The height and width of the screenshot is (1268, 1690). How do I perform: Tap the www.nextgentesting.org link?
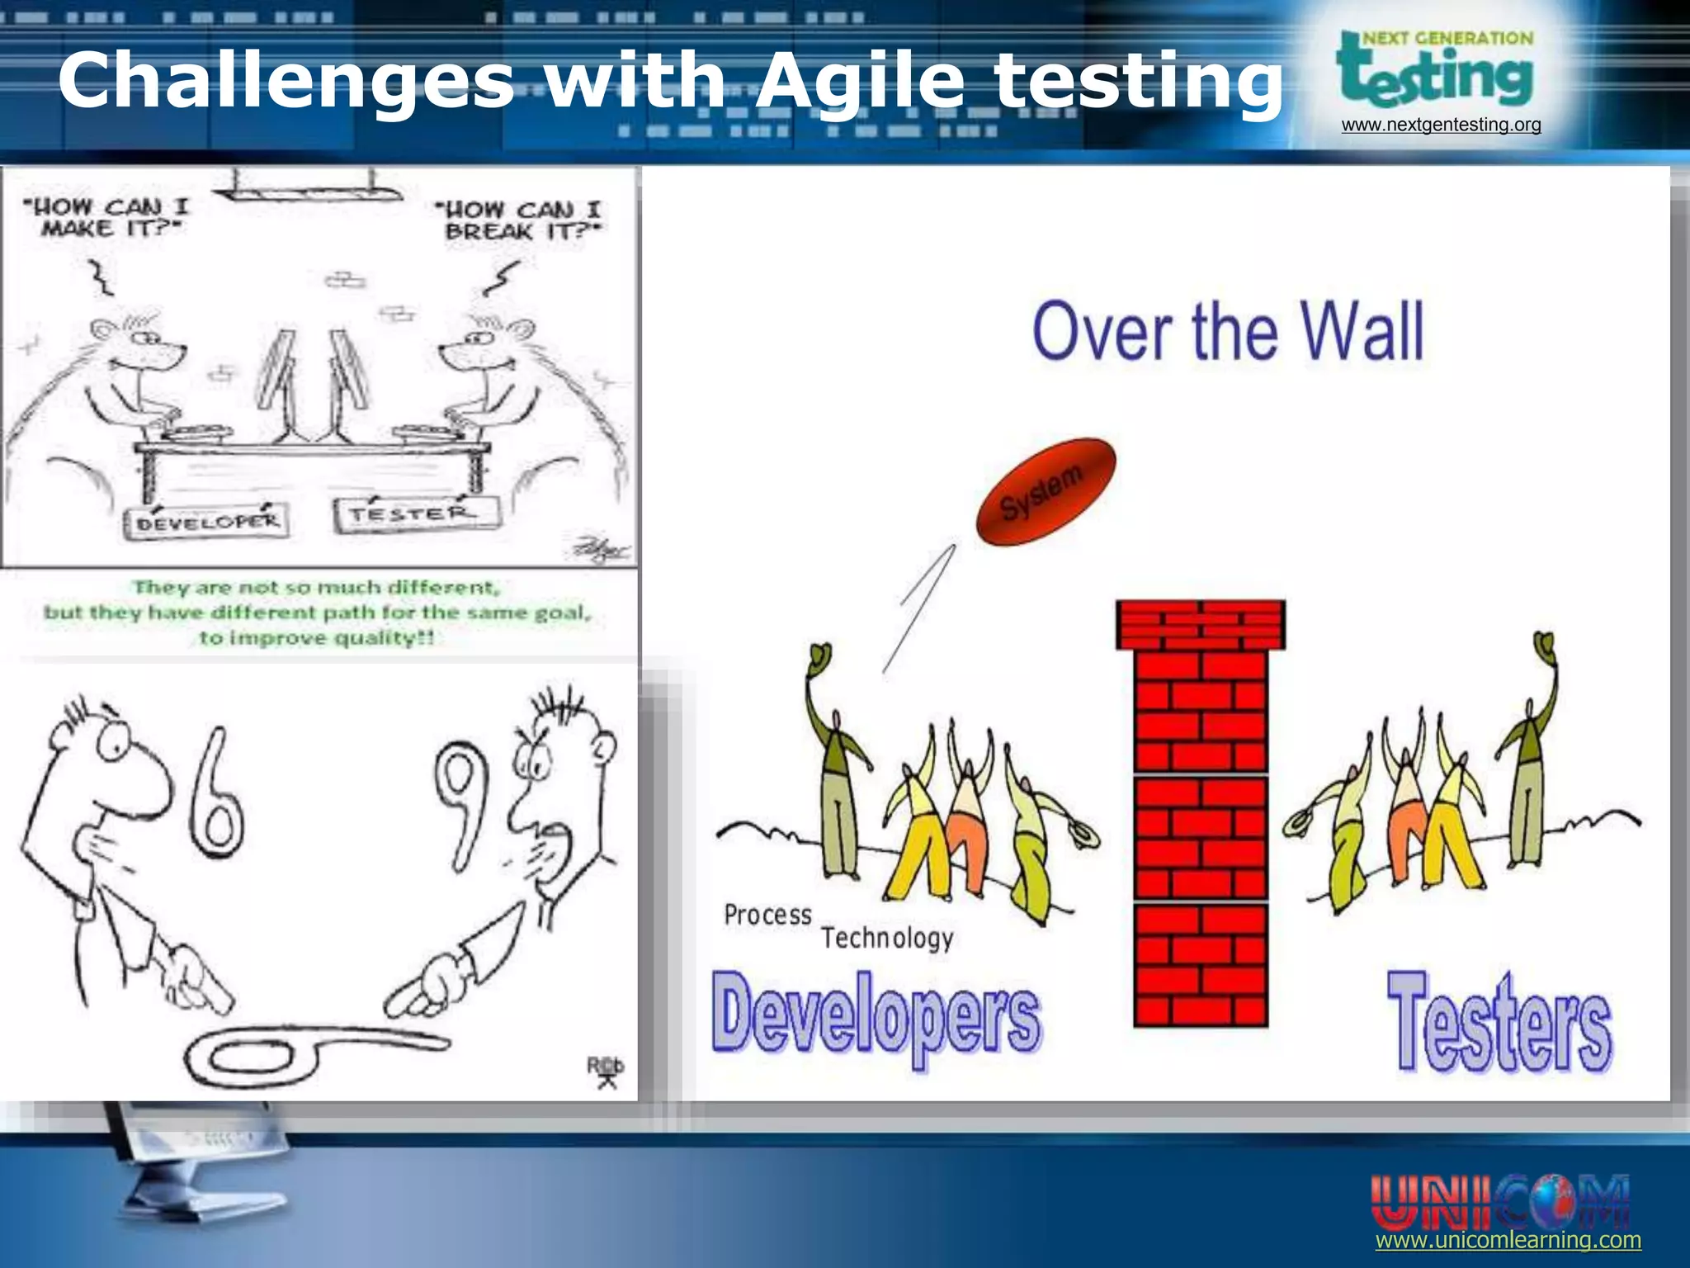pos(1441,125)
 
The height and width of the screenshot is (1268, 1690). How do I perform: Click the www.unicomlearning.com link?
pos(1508,1240)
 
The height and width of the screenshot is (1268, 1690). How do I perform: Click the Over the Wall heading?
pos(1228,331)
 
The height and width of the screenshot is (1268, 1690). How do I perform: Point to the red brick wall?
pos(1201,813)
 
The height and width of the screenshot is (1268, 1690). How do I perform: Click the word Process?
pos(767,915)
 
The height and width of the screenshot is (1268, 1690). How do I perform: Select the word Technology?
pos(887,938)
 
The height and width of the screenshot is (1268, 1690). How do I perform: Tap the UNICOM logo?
pos(1499,1201)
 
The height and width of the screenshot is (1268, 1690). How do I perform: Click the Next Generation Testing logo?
pos(1436,70)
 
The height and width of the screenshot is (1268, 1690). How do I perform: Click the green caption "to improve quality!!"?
pos(317,638)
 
